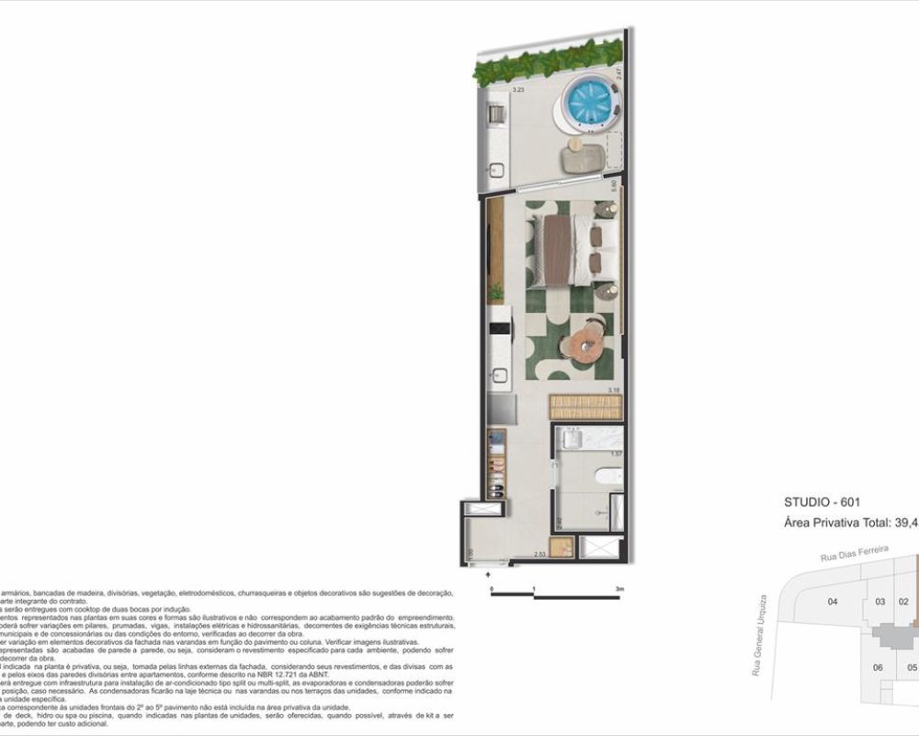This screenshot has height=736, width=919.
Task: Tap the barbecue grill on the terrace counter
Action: [494, 114]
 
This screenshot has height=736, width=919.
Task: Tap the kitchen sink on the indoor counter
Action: [500, 375]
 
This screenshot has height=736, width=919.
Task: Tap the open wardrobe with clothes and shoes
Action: [496, 462]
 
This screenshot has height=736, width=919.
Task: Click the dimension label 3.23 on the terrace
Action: [517, 90]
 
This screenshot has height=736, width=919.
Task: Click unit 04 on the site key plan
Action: [833, 602]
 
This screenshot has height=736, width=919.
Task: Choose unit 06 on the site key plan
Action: [878, 667]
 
